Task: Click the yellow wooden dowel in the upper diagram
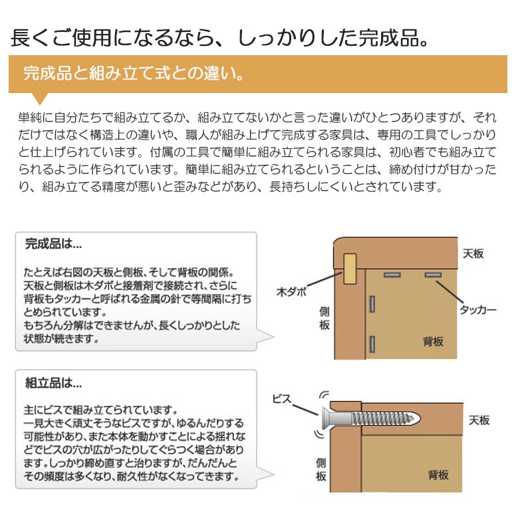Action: [350, 269]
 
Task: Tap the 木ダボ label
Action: [291, 291]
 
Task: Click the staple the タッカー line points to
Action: [433, 275]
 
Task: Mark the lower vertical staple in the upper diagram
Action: [373, 344]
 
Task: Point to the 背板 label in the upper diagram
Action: [433, 342]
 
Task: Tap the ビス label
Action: [283, 399]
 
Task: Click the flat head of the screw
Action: [323, 417]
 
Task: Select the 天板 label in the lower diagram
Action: [479, 420]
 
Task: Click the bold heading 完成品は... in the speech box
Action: [53, 244]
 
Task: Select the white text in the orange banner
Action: [133, 73]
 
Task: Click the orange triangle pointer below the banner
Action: [40, 98]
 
